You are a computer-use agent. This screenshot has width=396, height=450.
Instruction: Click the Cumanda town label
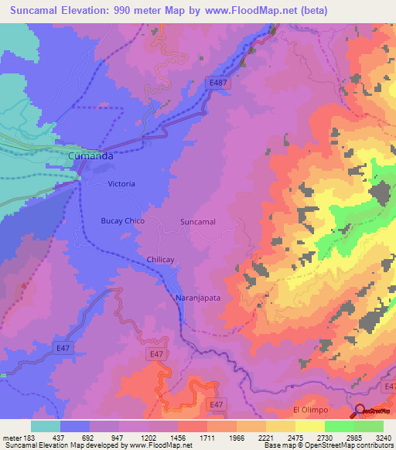point(91,156)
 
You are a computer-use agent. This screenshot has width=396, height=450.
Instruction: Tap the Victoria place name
point(121,184)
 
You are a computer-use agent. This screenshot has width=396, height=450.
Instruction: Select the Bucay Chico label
point(123,221)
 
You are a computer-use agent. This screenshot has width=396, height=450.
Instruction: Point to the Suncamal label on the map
point(197,222)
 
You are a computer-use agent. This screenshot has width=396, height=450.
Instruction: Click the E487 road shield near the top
point(219,82)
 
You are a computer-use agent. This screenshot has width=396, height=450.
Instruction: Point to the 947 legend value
point(118,437)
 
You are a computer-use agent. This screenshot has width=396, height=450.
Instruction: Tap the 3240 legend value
point(383,437)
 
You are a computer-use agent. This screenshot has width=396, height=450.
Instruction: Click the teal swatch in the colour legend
point(46,426)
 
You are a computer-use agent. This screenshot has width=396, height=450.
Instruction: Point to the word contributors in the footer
point(374,445)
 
